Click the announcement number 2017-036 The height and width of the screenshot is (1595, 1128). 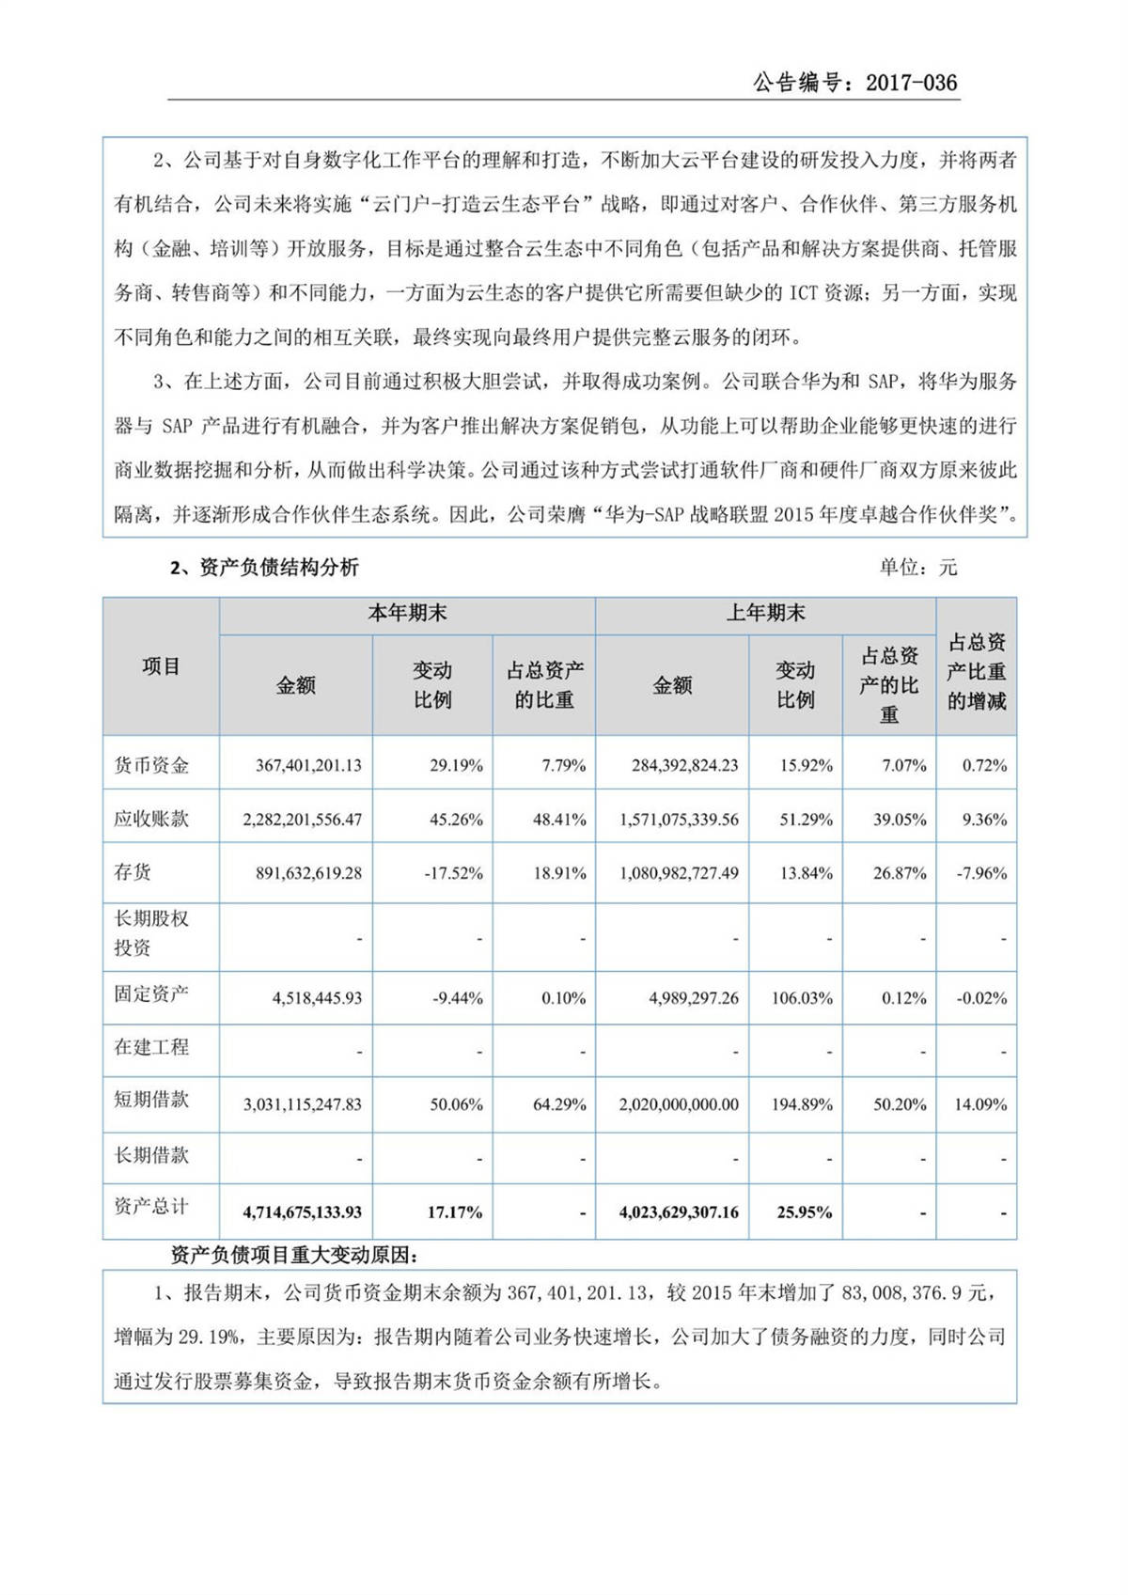pos(911,83)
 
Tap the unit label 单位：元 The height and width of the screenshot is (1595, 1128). pos(917,568)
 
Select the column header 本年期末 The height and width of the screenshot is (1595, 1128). pos(407,614)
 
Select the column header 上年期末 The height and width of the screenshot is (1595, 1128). pos(765,614)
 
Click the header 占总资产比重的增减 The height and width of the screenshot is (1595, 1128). pos(977,671)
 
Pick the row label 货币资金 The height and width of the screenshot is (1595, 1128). pos(151,765)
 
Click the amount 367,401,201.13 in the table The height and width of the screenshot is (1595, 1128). pos(308,765)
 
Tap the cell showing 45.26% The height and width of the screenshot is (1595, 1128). pos(456,820)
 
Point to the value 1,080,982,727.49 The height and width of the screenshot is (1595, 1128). pos(679,873)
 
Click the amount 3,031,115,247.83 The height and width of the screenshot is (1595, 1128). pos(302,1104)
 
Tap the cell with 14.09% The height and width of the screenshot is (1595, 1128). pos(980,1104)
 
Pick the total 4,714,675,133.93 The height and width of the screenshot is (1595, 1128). pos(302,1212)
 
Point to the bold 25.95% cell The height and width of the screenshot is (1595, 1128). pos(804,1212)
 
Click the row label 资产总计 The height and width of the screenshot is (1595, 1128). pos(151,1206)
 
